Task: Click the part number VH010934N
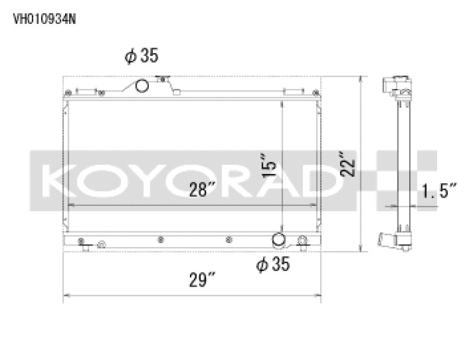(44, 18)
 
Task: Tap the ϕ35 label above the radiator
(141, 56)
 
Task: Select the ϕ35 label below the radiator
(273, 265)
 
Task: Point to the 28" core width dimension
(202, 190)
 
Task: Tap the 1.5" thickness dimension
(439, 190)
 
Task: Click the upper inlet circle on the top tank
(142, 87)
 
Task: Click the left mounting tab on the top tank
(85, 92)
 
